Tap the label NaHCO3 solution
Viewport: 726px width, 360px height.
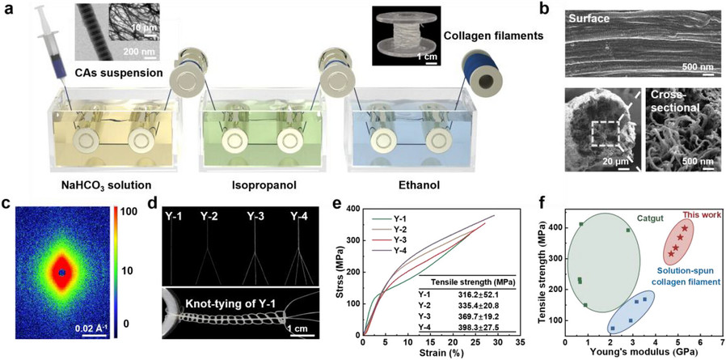(x=101, y=185)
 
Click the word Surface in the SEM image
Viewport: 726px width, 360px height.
(x=588, y=19)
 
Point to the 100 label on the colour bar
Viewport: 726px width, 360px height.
(x=137, y=212)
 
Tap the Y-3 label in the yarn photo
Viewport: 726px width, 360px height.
(x=255, y=215)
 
